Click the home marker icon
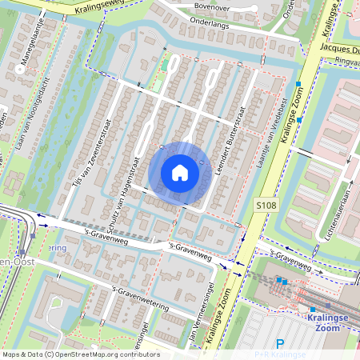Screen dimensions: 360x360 180,172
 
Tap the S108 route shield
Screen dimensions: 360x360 266,206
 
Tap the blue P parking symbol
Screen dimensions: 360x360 279,344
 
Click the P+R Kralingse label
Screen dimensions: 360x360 279,354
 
